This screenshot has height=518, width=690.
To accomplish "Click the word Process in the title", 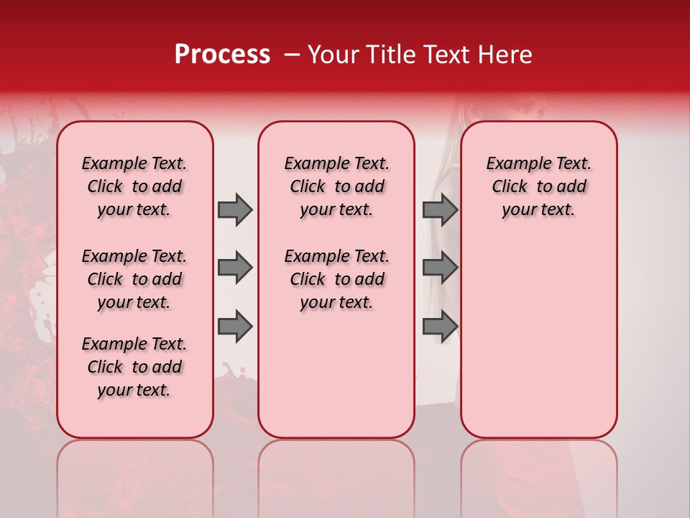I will click(222, 55).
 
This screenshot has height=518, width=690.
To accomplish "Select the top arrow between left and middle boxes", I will click(235, 209).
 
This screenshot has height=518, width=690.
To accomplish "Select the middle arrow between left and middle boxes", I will click(235, 268).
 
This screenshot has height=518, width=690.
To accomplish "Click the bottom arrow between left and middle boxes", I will click(235, 327).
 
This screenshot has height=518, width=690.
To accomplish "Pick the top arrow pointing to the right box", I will click(440, 209).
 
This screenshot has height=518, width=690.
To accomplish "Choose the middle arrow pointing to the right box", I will click(440, 268).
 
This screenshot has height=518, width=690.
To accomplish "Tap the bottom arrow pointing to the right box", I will click(440, 327).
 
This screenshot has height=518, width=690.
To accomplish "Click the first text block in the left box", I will click(134, 186).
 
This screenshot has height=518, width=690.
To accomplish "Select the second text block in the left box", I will click(134, 279).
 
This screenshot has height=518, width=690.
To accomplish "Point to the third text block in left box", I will click(134, 367).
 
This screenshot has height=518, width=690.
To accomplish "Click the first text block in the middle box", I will click(336, 186).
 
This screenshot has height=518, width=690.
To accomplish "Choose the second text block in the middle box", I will click(336, 279).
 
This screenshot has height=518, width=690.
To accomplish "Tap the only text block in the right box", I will click(538, 186).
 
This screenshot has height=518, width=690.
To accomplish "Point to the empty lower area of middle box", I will click(336, 374).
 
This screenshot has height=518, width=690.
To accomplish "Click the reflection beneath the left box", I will click(134, 475).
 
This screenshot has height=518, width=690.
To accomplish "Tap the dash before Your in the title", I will click(292, 55).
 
